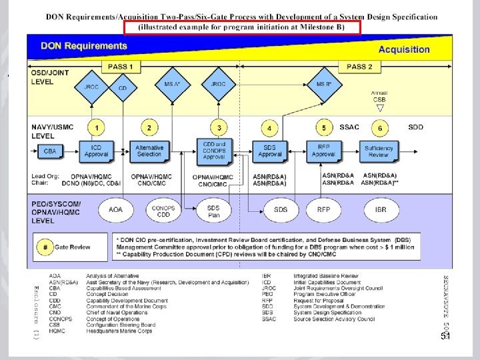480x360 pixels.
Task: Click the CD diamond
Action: [x=122, y=87]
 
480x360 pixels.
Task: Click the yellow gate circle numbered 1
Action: [x=97, y=127]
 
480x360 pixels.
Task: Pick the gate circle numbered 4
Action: [x=269, y=127]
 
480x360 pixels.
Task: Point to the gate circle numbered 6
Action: [x=379, y=127]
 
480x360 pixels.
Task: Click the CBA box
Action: [x=50, y=151]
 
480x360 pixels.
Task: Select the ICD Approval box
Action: [x=96, y=151]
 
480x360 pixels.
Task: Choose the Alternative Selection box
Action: [x=149, y=151]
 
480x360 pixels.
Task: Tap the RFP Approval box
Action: [x=323, y=151]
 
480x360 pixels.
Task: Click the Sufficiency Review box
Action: [x=379, y=151]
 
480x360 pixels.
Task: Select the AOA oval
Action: [x=115, y=209]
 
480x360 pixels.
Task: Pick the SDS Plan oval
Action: [x=213, y=209]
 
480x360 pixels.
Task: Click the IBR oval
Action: [x=380, y=209]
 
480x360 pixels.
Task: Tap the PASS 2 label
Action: [x=359, y=67]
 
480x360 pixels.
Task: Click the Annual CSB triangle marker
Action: [x=379, y=107]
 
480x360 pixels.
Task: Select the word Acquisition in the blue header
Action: [x=404, y=49]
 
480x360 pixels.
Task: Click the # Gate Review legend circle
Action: [x=45, y=247]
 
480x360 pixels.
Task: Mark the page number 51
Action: [x=445, y=337]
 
